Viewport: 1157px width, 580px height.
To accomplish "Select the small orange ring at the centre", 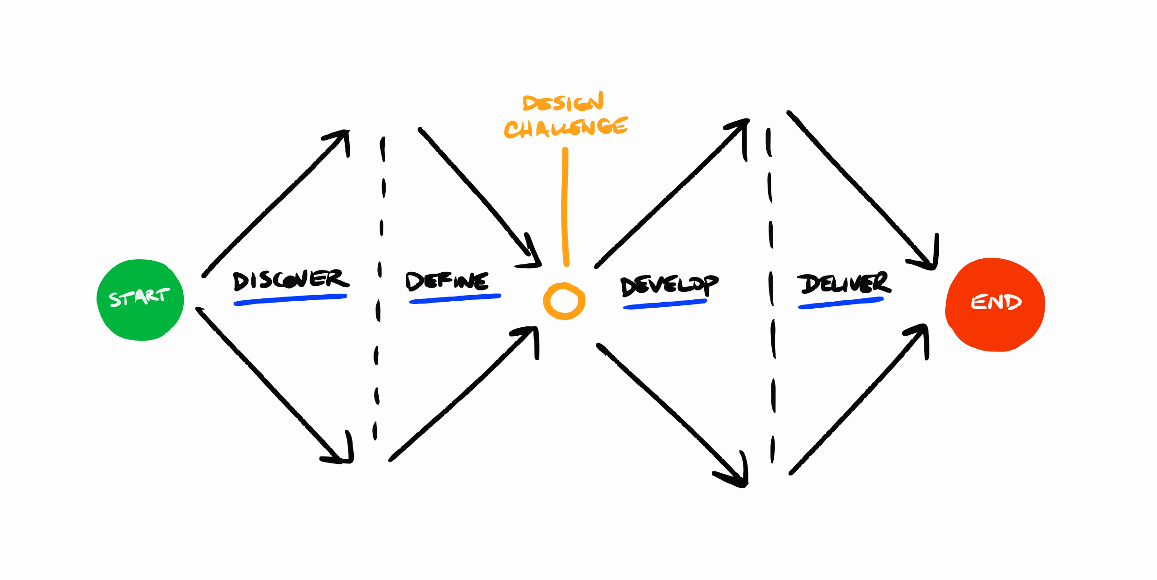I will pyautogui.click(x=564, y=301).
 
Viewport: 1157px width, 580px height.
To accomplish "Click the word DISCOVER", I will pyautogui.click(x=290, y=280).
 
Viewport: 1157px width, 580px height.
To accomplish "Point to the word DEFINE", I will pyautogui.click(x=447, y=281).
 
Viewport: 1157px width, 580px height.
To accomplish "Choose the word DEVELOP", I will pyautogui.click(x=669, y=285).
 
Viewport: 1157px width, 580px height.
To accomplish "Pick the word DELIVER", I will pyautogui.click(x=843, y=283).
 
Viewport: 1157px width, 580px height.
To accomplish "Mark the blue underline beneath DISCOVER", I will pyautogui.click(x=290, y=299).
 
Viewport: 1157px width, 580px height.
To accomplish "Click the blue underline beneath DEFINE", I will pyautogui.click(x=455, y=298).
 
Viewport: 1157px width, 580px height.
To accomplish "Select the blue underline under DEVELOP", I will pyautogui.click(x=665, y=304).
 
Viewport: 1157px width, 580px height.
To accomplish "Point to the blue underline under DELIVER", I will pyautogui.click(x=840, y=303).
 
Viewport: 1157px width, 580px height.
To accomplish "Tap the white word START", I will pyautogui.click(x=139, y=297).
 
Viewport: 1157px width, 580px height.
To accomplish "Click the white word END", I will pyautogui.click(x=996, y=302).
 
